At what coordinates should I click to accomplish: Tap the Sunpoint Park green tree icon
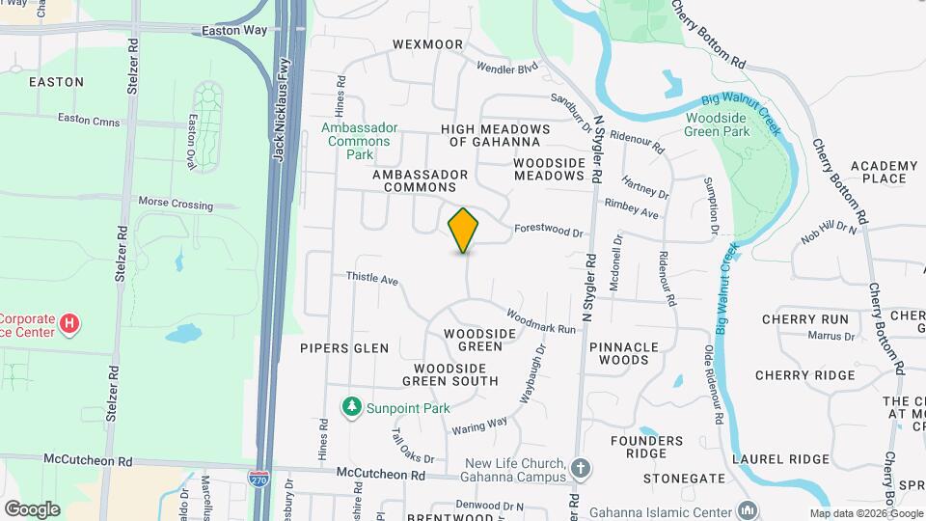click(353, 408)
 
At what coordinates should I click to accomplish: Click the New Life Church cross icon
click(580, 470)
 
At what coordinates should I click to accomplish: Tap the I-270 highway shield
click(259, 480)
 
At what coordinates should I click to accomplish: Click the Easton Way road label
click(234, 31)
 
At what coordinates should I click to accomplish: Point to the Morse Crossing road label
click(176, 205)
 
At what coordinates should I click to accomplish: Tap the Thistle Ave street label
click(372, 279)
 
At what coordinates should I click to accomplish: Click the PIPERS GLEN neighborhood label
click(344, 348)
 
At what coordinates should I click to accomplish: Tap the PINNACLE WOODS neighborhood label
click(623, 353)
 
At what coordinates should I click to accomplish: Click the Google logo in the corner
click(32, 508)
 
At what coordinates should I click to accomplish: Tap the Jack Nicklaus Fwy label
click(283, 116)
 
